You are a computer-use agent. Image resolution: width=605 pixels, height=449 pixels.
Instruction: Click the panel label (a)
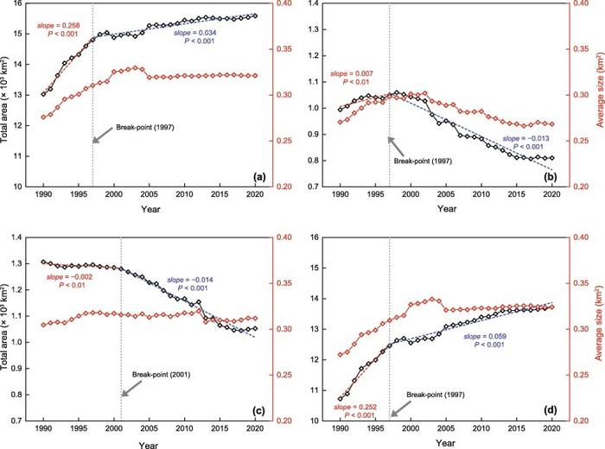258,177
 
